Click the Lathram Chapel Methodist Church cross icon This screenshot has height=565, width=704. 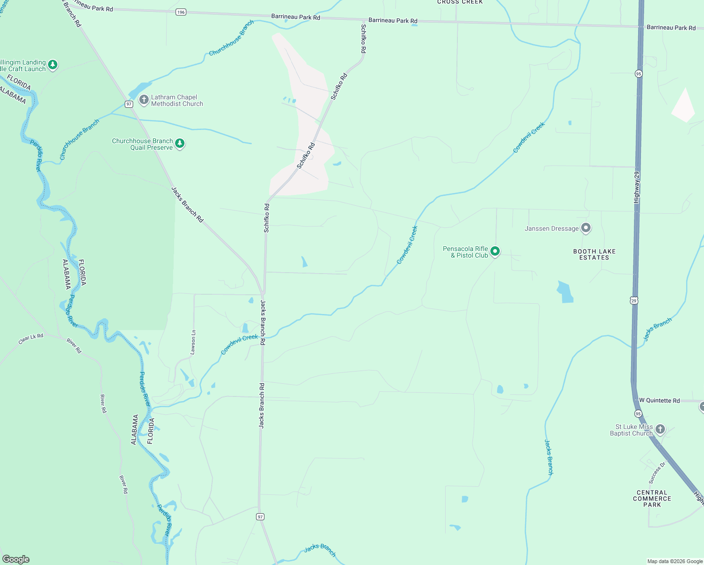tap(144, 100)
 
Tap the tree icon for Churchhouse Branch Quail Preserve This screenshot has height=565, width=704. tap(180, 144)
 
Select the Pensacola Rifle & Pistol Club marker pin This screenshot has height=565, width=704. tap(495, 251)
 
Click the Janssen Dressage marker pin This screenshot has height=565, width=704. tap(586, 228)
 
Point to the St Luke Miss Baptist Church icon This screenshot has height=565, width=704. tap(660, 429)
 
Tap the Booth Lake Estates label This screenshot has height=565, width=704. tap(594, 255)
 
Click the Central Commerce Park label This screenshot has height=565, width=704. tap(652, 499)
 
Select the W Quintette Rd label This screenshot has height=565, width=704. tap(659, 401)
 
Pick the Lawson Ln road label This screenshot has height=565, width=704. tap(193, 342)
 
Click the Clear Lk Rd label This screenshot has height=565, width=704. tap(31, 339)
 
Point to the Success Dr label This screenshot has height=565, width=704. tap(657, 473)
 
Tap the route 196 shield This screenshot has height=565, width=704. tap(181, 12)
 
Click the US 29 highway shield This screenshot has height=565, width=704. tap(634, 300)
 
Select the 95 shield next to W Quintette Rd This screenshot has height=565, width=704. tap(638, 413)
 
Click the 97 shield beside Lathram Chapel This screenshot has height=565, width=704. tap(129, 104)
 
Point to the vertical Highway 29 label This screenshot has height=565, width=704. tap(637, 187)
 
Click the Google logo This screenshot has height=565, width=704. tap(16, 559)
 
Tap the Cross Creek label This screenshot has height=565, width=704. tap(460, 2)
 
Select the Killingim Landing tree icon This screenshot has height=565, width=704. tap(53, 65)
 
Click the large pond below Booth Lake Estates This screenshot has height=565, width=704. tap(565, 292)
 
